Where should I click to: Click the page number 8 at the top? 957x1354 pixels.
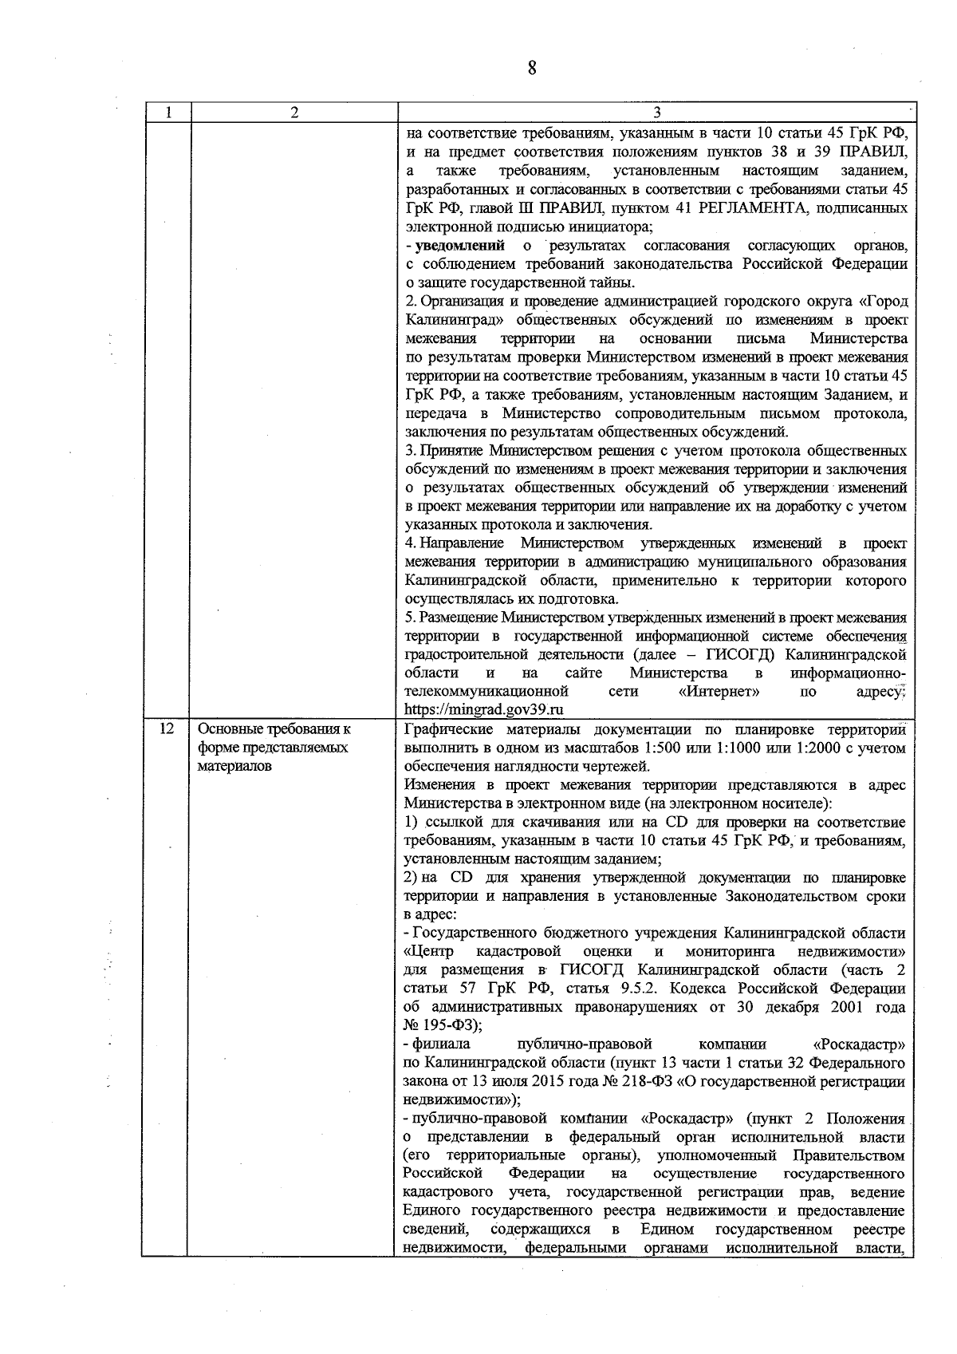532,67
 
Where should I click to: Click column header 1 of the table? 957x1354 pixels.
167,113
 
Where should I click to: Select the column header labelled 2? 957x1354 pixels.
294,113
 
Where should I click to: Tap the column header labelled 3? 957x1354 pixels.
656,113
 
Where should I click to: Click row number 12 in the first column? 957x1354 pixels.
167,729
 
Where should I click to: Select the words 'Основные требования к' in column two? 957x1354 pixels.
274,729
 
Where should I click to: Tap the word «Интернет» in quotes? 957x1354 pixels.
719,692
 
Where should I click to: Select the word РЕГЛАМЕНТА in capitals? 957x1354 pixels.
747,208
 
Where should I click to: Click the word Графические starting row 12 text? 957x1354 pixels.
441,729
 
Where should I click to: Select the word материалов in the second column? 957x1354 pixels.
234,767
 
